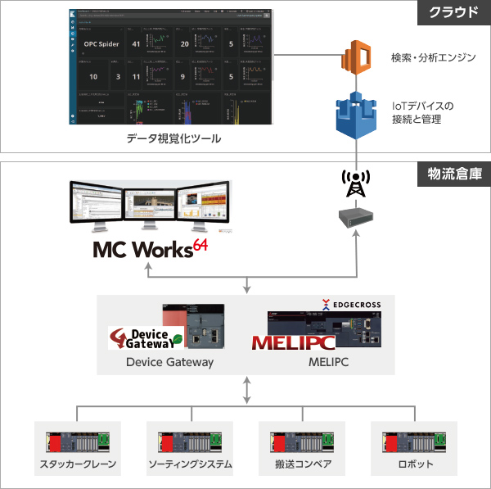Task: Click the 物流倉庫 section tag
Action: [453, 174]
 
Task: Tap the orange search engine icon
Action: [356, 58]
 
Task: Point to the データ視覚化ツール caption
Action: [173, 139]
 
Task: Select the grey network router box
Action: [355, 217]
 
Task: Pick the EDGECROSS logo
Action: [351, 304]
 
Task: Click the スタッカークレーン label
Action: [79, 465]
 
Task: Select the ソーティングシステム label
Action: [190, 465]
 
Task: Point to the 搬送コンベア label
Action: [301, 465]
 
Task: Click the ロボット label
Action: [412, 465]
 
